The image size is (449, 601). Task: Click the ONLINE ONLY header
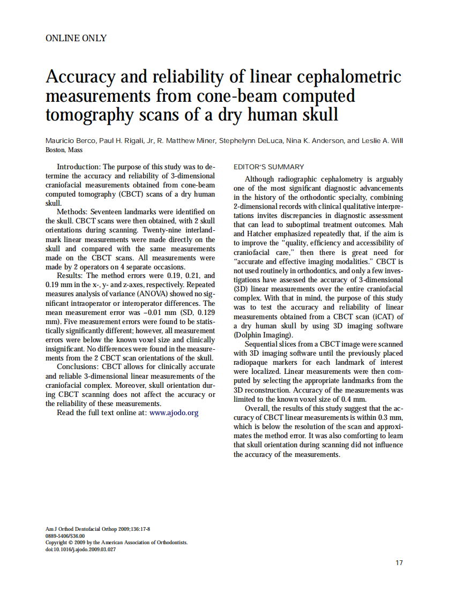(76, 38)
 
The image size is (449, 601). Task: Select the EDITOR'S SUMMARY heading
(268, 167)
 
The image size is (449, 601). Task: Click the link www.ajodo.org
(174, 413)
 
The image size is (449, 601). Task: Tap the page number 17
(399, 562)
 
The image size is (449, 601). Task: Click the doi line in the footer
(81, 550)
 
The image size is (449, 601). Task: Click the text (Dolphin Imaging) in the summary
(259, 335)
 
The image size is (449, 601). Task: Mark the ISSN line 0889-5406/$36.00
(65, 536)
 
